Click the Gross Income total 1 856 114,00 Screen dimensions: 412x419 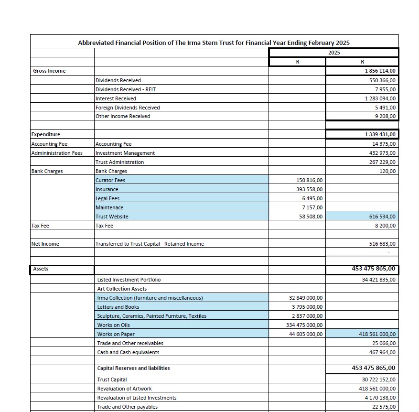coord(380,71)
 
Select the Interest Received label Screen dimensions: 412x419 coord(116,98)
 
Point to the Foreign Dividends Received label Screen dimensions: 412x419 coord(128,108)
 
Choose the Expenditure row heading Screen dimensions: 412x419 coord(46,134)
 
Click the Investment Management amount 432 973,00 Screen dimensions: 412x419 coord(381,153)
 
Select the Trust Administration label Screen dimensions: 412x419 coord(119,162)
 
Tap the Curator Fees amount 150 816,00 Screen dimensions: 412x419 coord(310,180)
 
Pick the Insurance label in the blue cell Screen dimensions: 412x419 coord(107,189)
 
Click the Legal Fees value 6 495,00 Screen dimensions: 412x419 coord(312,198)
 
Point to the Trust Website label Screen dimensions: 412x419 coord(112,217)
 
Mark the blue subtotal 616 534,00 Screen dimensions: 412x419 coord(381,217)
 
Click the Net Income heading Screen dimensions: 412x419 coord(45,244)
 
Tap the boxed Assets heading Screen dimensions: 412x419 coord(41,269)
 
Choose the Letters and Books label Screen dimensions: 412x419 coord(118,307)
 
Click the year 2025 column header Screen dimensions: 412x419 coord(334,53)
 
